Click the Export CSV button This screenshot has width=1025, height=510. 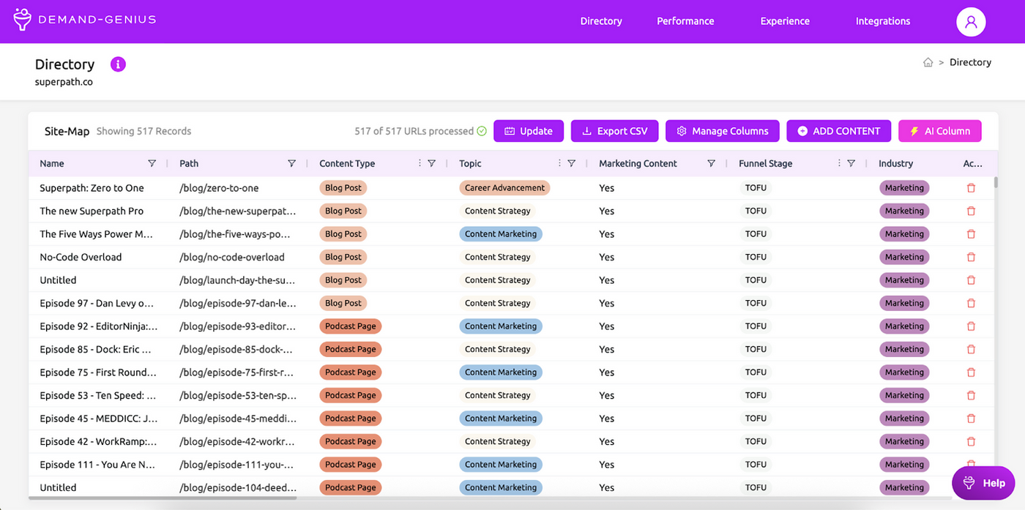pyautogui.click(x=614, y=131)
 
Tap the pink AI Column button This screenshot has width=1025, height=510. pyautogui.click(x=939, y=131)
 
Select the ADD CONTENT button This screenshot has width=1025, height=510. pyautogui.click(x=838, y=131)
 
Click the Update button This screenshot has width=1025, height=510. pyautogui.click(x=528, y=131)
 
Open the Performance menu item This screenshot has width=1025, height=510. pyautogui.click(x=685, y=21)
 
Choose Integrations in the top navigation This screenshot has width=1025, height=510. pyautogui.click(x=883, y=21)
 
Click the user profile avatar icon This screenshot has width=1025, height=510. pyautogui.click(x=971, y=21)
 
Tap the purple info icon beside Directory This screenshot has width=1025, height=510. pyautogui.click(x=118, y=64)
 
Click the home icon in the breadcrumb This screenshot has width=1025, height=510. pyautogui.click(x=928, y=62)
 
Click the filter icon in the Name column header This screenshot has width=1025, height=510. pyautogui.click(x=152, y=163)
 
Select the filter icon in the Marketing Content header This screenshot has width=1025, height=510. pyautogui.click(x=711, y=163)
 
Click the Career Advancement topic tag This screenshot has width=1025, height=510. pyautogui.click(x=504, y=187)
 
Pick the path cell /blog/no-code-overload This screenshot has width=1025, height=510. pyautogui.click(x=232, y=257)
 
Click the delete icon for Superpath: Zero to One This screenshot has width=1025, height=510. pyautogui.click(x=971, y=188)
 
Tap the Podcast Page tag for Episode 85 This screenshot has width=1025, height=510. pyautogui.click(x=350, y=349)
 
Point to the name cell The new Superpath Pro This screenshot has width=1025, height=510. pyautogui.click(x=92, y=211)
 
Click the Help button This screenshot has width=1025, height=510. pyautogui.click(x=983, y=483)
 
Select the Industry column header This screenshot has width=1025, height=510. pyautogui.click(x=895, y=163)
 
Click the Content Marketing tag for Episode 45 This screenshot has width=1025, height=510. pyautogui.click(x=501, y=418)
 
